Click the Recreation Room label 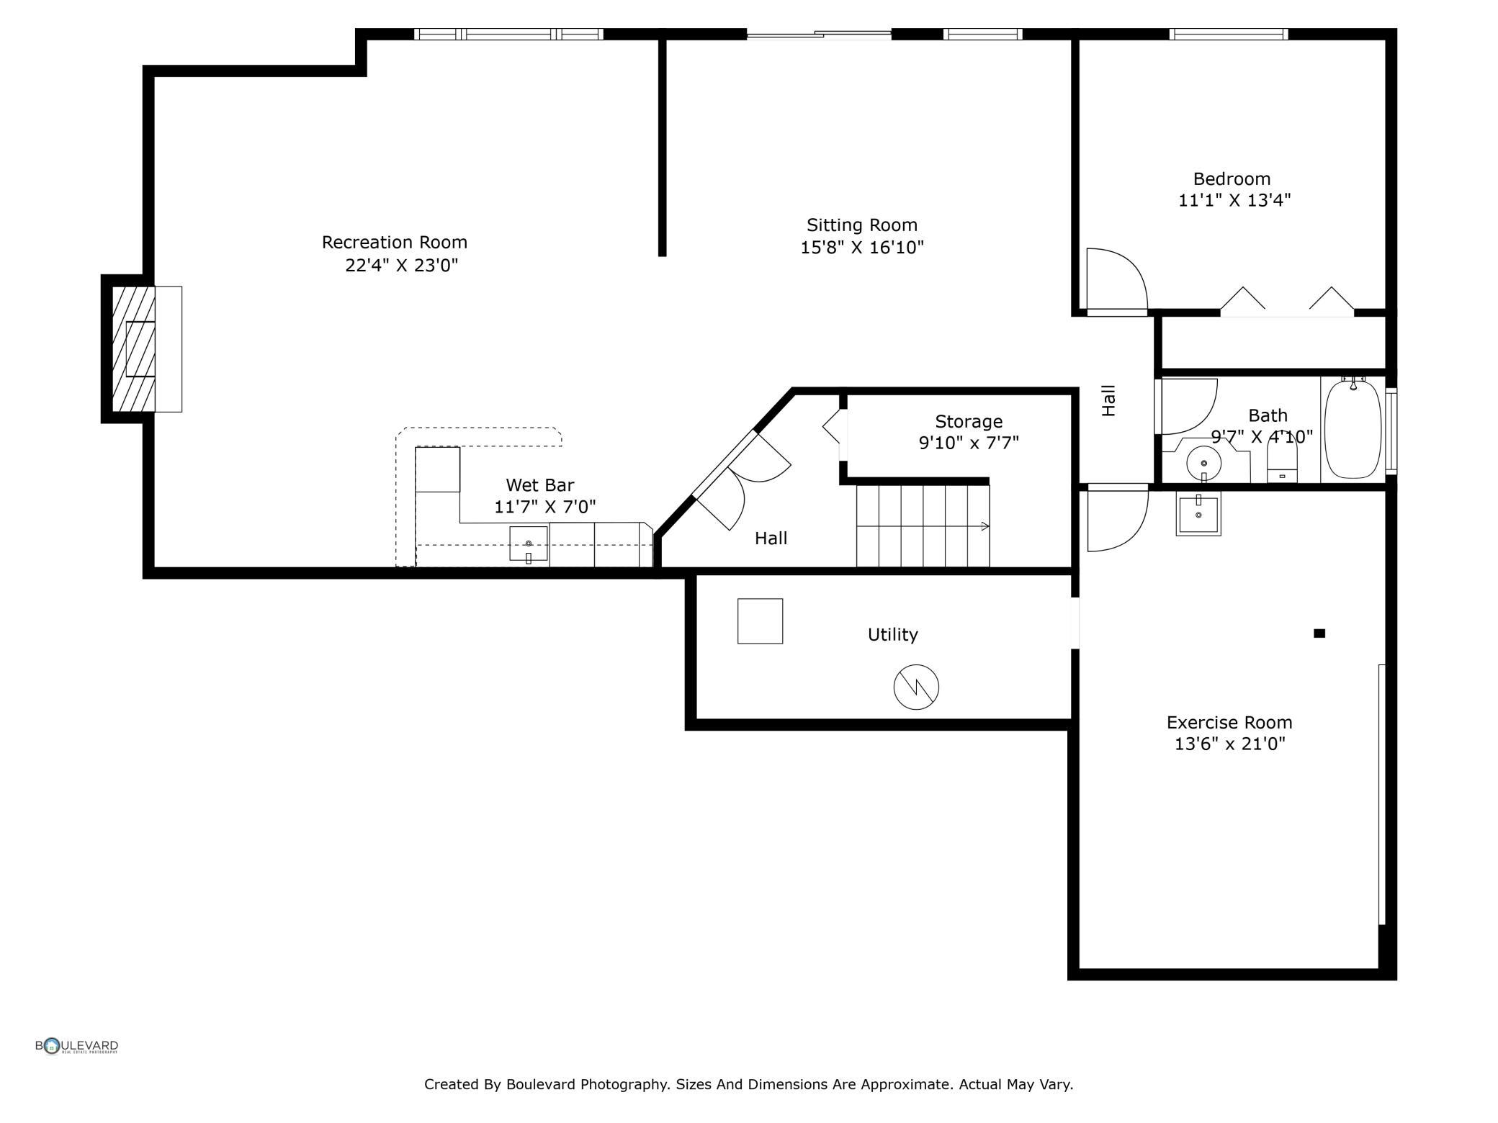pos(395,242)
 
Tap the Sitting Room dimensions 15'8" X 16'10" pos(862,248)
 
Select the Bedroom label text pos(1232,179)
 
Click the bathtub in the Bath pos(1353,429)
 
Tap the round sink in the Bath pos(1204,464)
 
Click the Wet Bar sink pos(529,544)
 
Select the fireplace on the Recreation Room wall pos(142,349)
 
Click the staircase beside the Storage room pos(923,526)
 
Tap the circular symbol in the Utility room pos(916,687)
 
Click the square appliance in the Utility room pos(760,621)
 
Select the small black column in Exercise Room pos(1319,633)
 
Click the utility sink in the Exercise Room pos(1198,514)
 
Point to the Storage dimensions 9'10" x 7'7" pos(969,443)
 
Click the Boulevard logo pos(77,1046)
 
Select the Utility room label pos(893,634)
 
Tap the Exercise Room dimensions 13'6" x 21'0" pos(1229,744)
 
